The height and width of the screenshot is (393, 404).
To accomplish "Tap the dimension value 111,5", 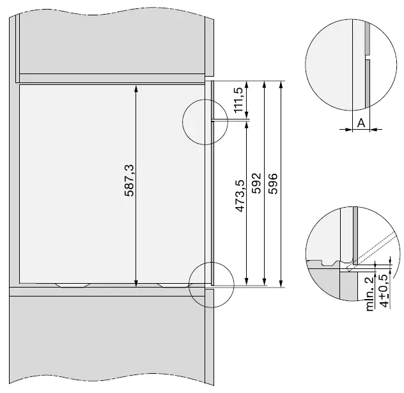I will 239,100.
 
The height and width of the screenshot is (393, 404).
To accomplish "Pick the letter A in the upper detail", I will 361,122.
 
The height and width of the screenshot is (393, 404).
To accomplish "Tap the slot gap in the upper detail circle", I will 369,57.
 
